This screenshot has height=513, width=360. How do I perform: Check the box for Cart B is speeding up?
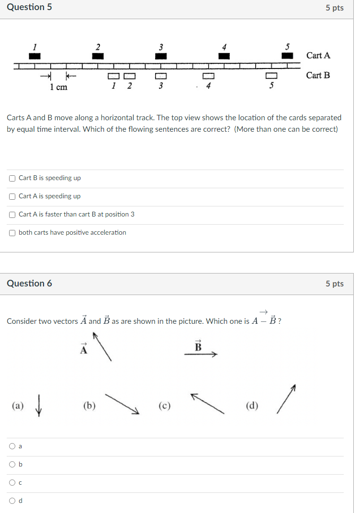coord(12,178)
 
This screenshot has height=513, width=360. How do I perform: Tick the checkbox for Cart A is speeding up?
coord(12,196)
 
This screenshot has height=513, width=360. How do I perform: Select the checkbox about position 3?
coord(12,215)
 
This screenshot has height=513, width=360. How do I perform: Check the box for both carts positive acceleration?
coord(12,233)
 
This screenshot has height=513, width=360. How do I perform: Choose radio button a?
coord(12,446)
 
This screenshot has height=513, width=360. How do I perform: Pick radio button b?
coord(12,465)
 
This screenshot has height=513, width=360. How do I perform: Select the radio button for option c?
coord(12,483)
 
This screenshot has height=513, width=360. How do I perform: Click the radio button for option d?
coord(12,501)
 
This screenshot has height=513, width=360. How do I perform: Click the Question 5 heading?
coord(30,7)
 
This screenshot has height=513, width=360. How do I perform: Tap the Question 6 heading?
coord(30,284)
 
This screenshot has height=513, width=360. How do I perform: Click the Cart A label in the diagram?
coord(318,56)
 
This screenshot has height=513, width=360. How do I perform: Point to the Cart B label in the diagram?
coord(318,75)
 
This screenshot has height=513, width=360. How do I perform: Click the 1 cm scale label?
coord(58,87)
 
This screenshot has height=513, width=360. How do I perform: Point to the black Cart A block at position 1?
coord(35,56)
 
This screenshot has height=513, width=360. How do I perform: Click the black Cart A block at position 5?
coord(287,56)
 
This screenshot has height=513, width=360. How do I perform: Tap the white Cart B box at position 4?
coord(208,76)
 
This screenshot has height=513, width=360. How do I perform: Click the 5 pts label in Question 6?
coord(335,284)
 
